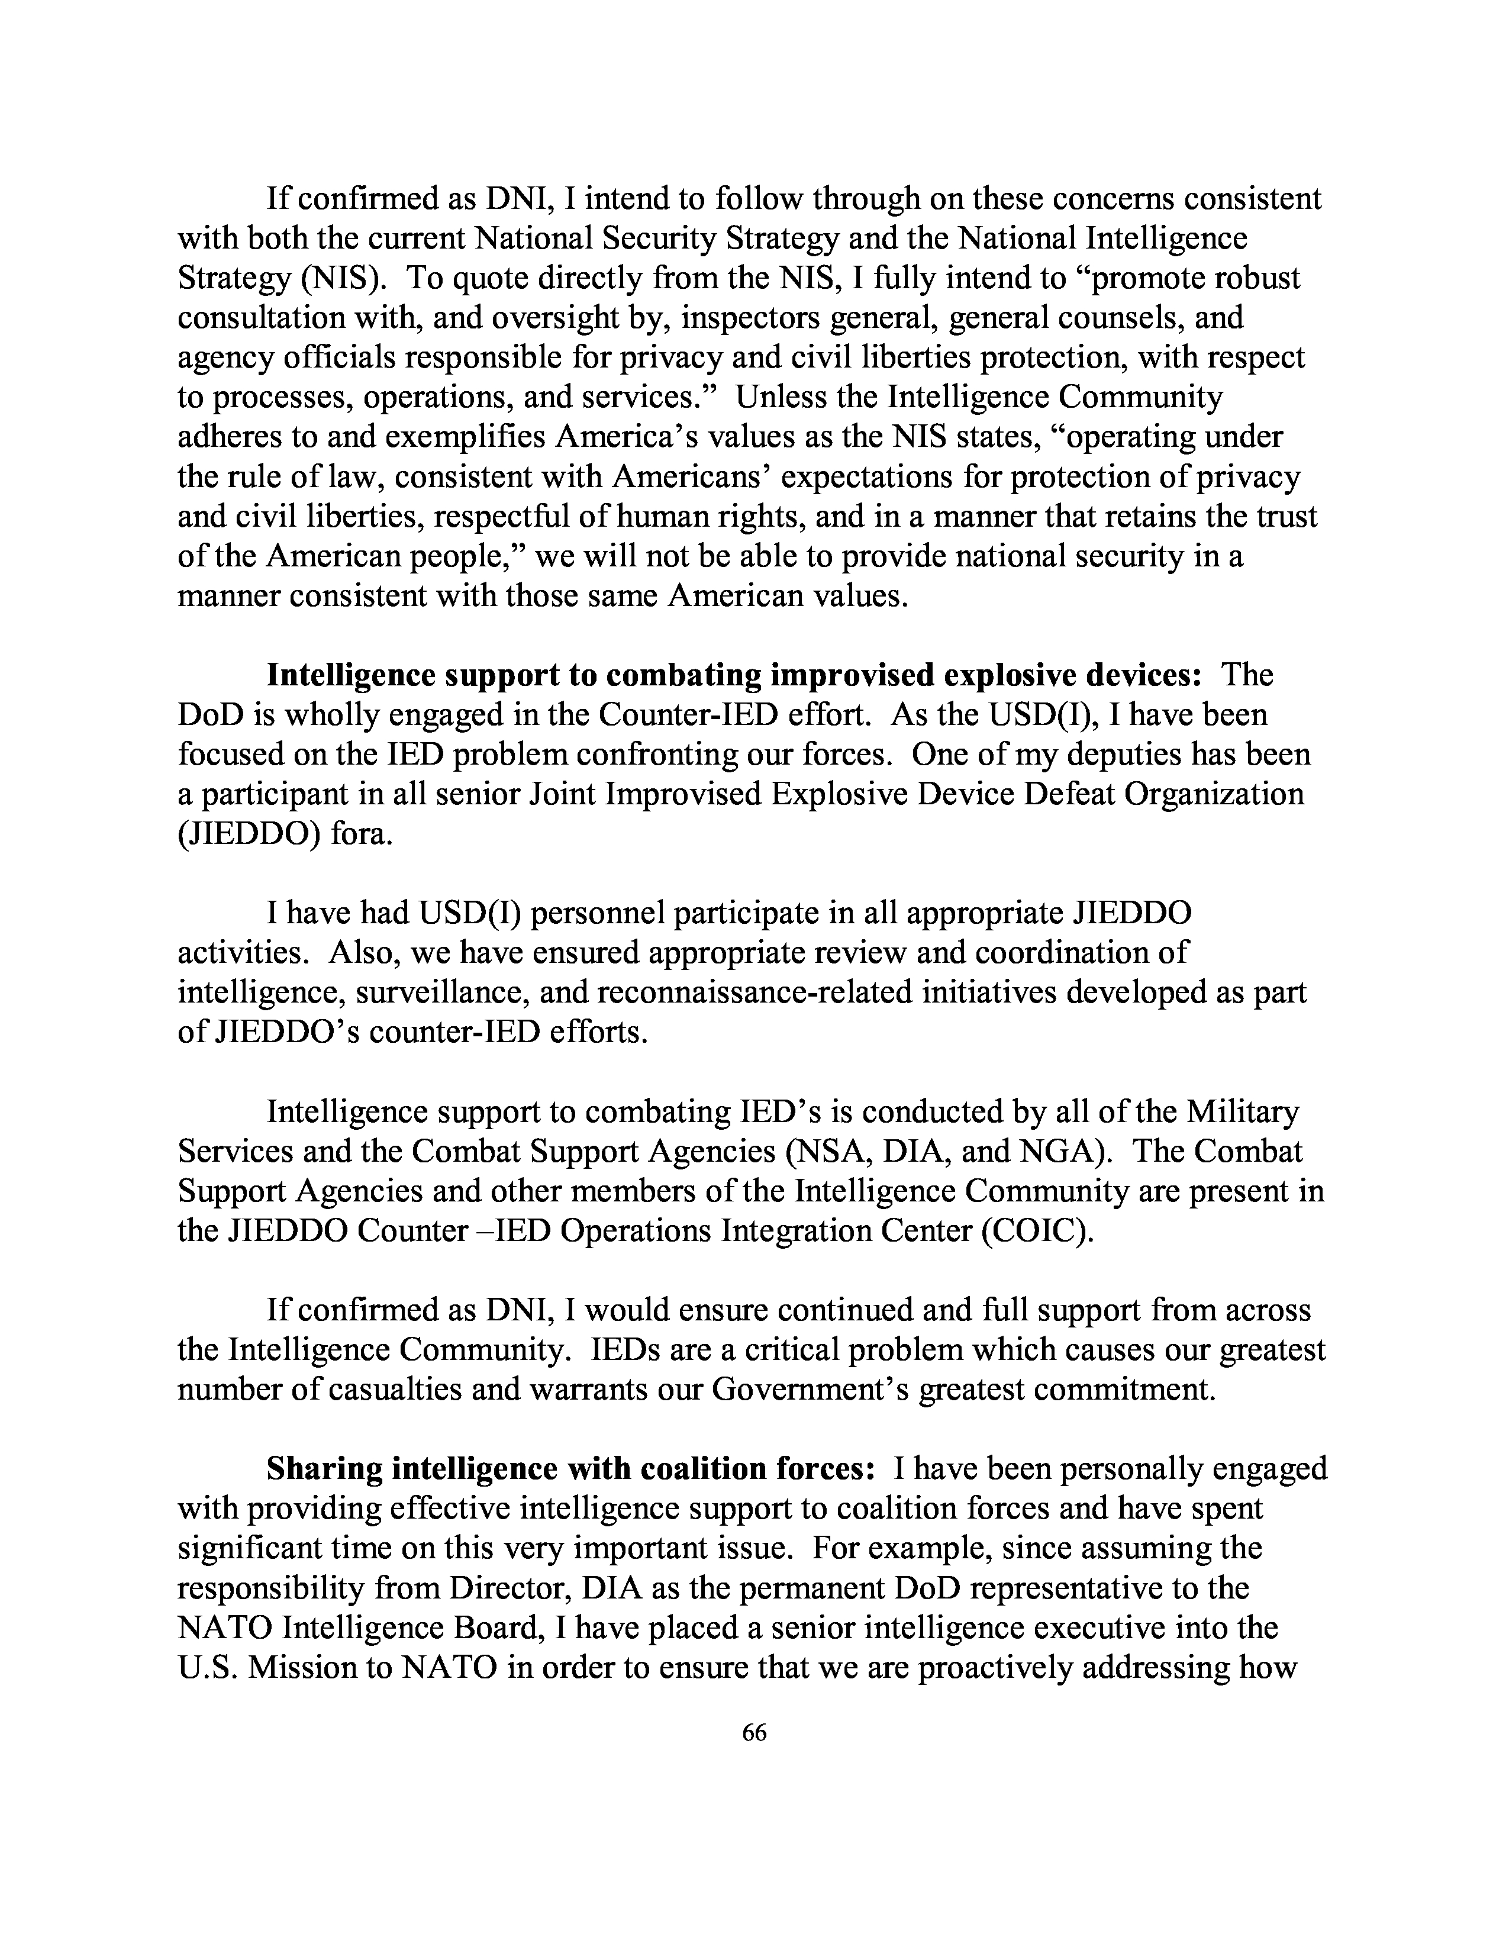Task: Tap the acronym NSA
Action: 824,1152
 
